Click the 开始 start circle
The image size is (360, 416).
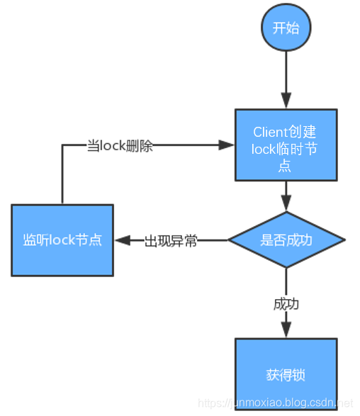(286, 29)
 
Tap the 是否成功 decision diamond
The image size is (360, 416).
(286, 240)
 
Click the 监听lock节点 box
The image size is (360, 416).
(62, 240)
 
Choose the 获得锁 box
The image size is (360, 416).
(286, 373)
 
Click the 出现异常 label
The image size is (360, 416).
(171, 240)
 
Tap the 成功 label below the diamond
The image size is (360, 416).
(286, 304)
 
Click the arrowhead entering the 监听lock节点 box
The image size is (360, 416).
(121, 240)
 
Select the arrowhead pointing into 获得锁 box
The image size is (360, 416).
(286, 330)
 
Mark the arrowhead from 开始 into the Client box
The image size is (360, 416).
(286, 102)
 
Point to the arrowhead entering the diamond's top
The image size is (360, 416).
(286, 205)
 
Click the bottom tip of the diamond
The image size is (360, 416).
(286, 267)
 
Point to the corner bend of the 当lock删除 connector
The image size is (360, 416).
(62, 146)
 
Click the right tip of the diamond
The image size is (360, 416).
(344, 240)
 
